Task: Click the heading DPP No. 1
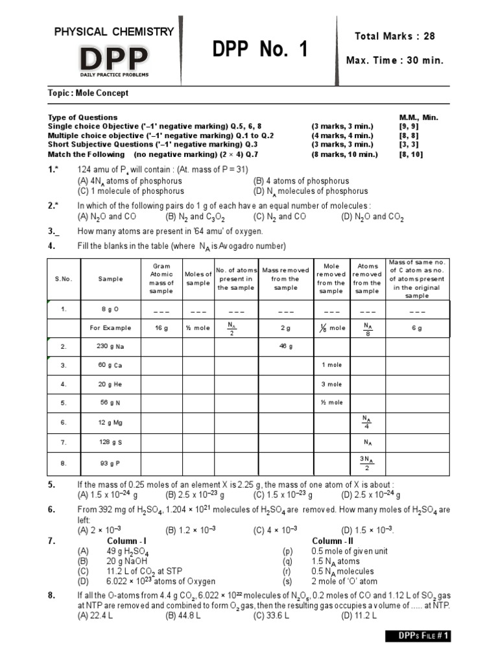click(260, 49)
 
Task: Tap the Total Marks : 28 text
click(394, 36)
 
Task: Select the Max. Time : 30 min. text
click(395, 60)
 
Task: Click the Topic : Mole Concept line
click(88, 93)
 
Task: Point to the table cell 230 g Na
click(110, 346)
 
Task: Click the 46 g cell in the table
click(286, 346)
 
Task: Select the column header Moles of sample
click(198, 278)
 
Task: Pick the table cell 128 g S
click(110, 442)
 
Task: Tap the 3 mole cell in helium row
click(332, 384)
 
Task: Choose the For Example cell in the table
click(110, 328)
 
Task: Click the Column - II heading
click(333, 541)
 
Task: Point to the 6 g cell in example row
click(417, 328)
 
